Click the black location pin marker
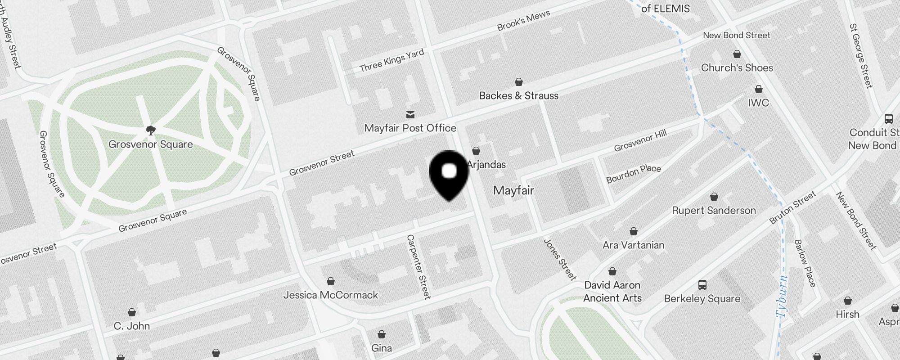[449, 173]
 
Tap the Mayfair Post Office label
[410, 128]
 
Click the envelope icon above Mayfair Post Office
[410, 114]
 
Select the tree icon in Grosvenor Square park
[151, 130]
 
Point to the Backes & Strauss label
[518, 96]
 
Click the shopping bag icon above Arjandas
[476, 151]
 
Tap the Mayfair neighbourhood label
[513, 190]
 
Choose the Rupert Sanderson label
[714, 211]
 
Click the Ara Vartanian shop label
[633, 245]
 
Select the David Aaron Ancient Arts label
[612, 292]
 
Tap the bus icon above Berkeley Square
[702, 285]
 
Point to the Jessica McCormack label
[331, 295]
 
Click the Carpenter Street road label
[418, 266]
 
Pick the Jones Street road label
[560, 259]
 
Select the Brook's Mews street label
[523, 20]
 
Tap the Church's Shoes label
[737, 68]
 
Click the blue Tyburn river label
[783, 296]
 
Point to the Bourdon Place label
[633, 174]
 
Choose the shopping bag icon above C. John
[132, 312]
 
